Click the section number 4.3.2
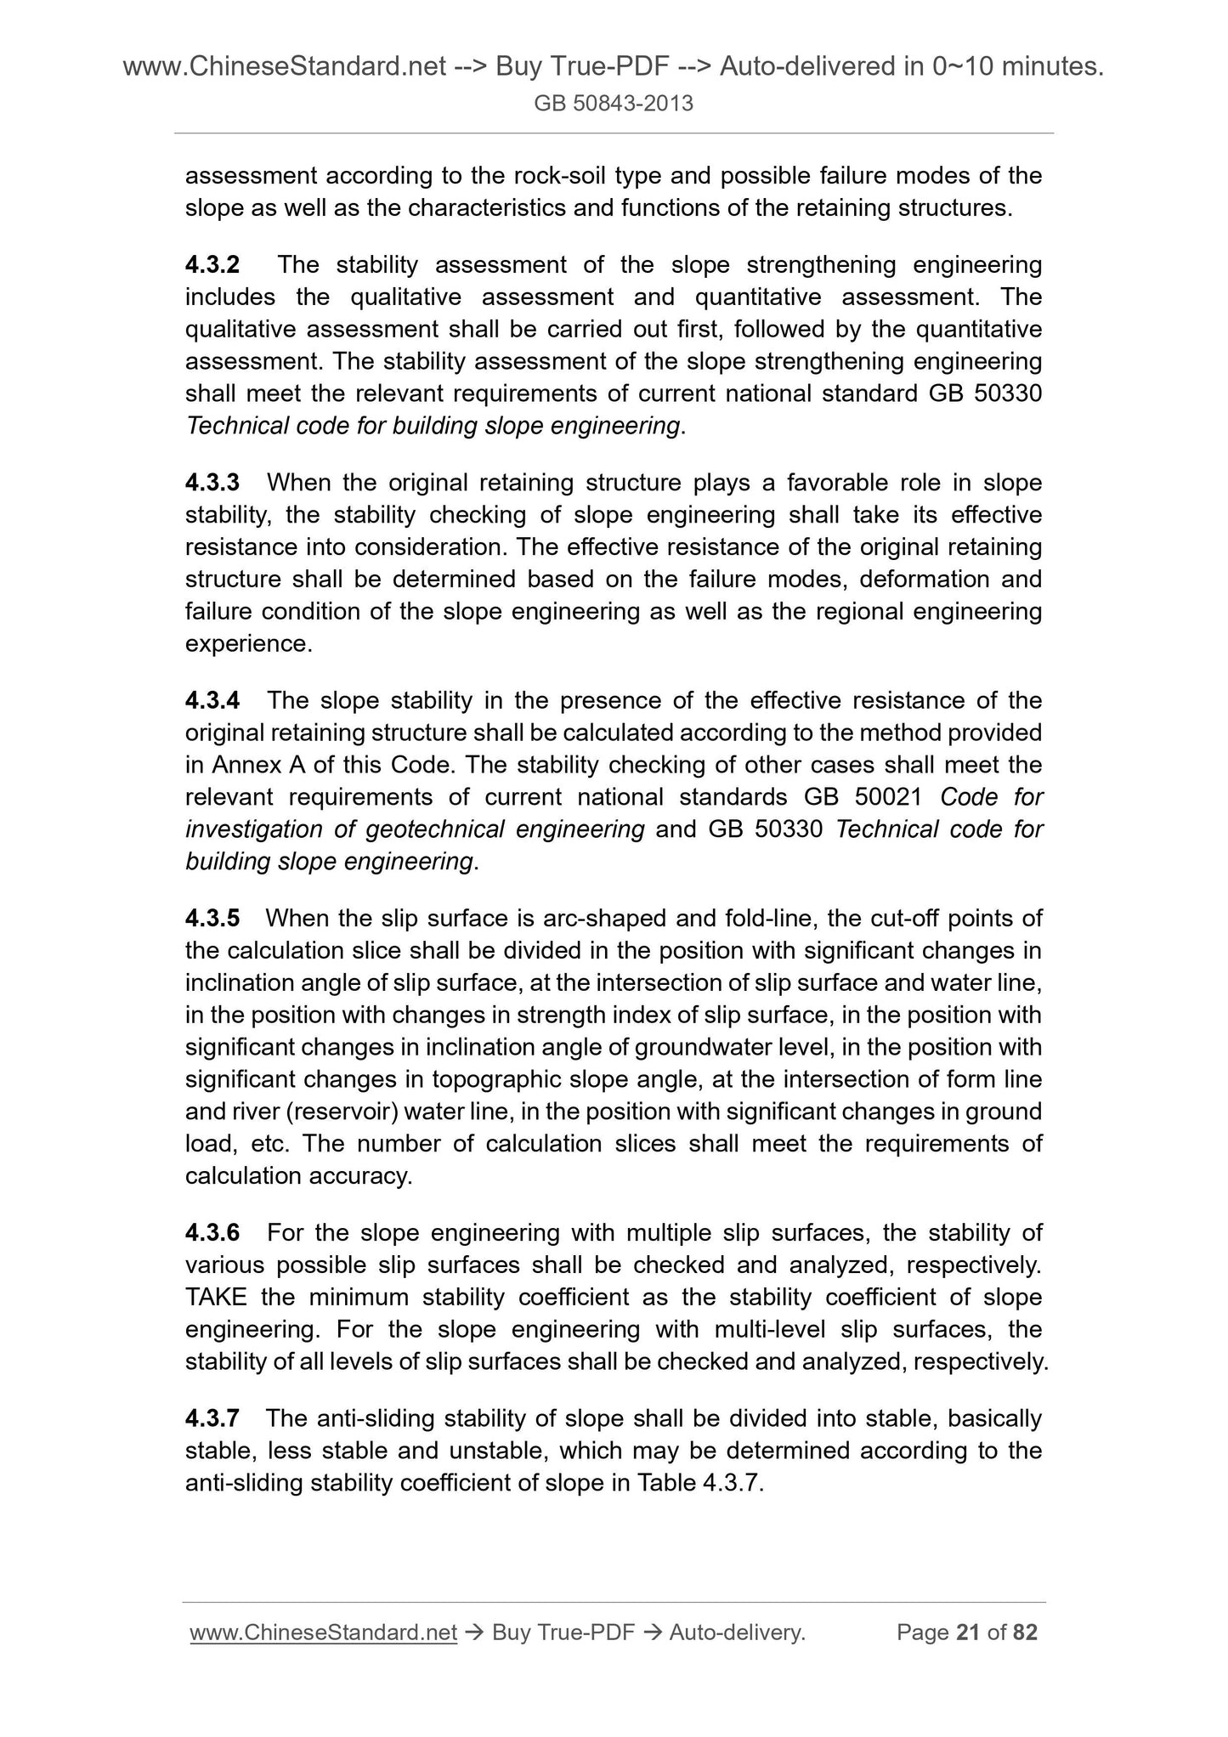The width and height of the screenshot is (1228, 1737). click(x=212, y=265)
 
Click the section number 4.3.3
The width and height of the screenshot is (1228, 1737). click(x=212, y=483)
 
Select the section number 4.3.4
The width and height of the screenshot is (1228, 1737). click(x=212, y=700)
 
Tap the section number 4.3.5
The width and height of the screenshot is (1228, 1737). click(x=212, y=918)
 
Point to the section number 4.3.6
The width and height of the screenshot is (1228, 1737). click(x=212, y=1232)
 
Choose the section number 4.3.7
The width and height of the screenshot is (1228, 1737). click(x=212, y=1417)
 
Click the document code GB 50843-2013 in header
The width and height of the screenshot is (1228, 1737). click(x=614, y=104)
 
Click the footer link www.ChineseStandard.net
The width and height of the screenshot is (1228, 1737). click(x=324, y=1632)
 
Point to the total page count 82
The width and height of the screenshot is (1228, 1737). click(x=1026, y=1632)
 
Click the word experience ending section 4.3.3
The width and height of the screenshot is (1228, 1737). click(x=247, y=644)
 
